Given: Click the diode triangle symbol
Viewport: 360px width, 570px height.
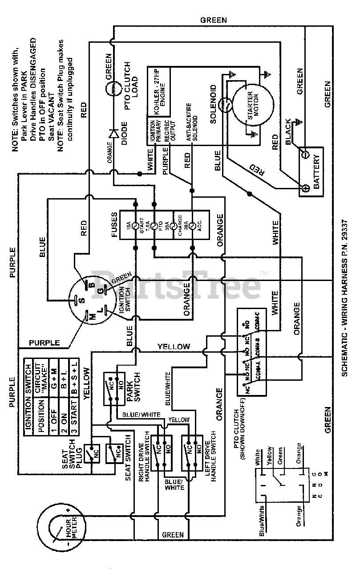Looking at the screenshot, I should [114, 133].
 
